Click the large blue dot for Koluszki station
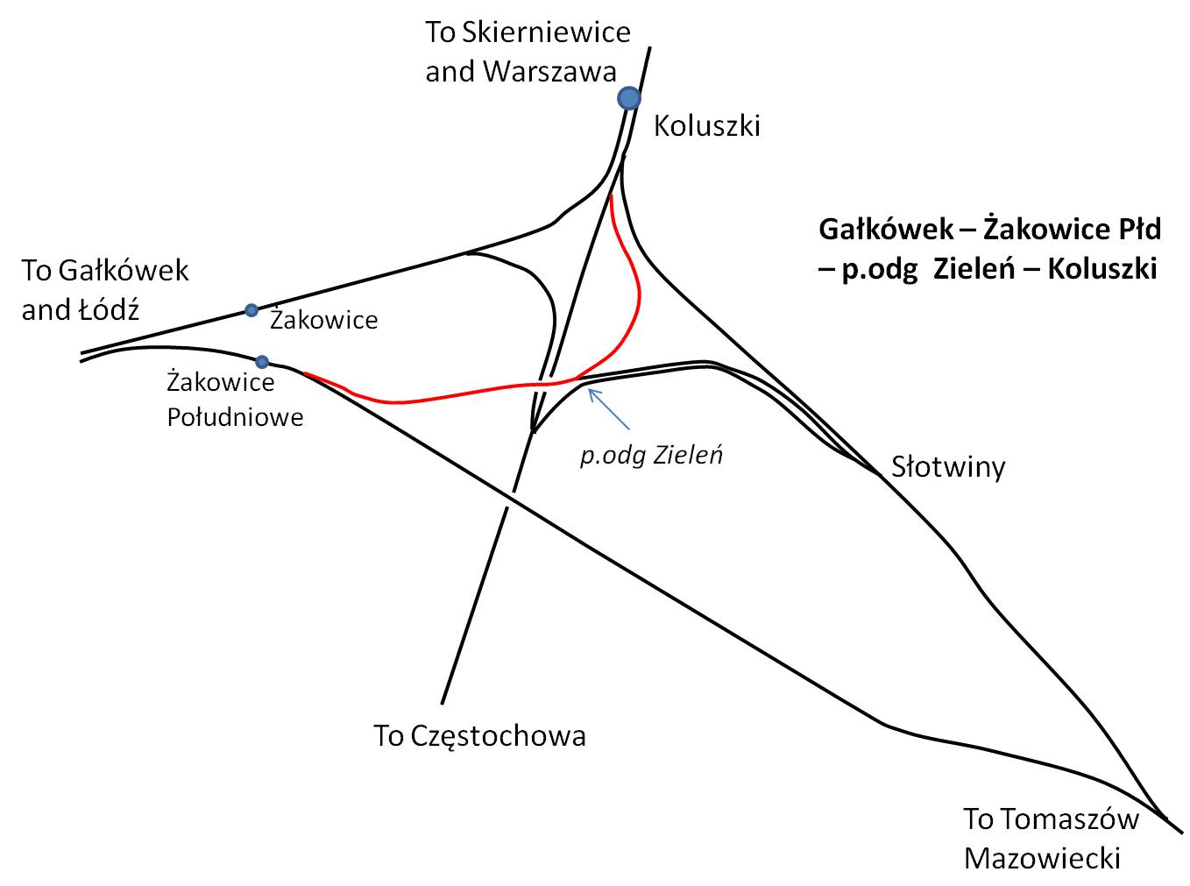[x=629, y=98]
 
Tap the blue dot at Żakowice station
[x=251, y=310]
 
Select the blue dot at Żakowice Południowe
[x=262, y=362]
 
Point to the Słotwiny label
[x=948, y=467]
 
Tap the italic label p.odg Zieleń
[x=651, y=456]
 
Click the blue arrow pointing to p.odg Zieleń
[x=609, y=409]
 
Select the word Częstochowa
[x=499, y=737]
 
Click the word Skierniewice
[x=546, y=32]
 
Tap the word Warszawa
[x=550, y=72]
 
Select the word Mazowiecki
[x=1043, y=859]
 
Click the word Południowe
[x=235, y=417]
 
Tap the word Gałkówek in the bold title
[x=886, y=229]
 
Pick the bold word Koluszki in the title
[x=1102, y=269]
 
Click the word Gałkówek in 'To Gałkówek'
[x=124, y=271]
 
